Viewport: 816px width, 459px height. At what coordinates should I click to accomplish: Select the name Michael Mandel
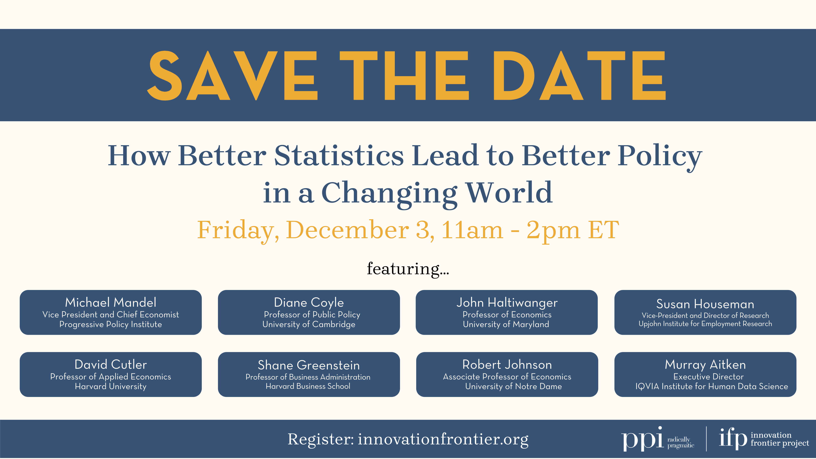tap(111, 303)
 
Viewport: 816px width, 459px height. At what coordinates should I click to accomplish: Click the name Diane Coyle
tap(309, 303)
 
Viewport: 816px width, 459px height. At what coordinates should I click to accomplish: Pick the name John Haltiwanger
tap(507, 303)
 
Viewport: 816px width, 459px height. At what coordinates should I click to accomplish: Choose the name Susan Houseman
tap(705, 304)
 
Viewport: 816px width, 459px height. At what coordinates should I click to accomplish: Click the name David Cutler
tap(111, 365)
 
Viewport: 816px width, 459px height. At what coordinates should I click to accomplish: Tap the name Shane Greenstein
tap(309, 365)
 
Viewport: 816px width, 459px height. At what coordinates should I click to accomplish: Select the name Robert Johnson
tap(507, 365)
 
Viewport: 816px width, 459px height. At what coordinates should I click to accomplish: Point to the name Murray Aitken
tap(705, 365)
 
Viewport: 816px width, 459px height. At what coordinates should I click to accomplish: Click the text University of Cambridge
tap(309, 324)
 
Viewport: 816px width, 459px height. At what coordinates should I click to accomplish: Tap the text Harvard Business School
tap(308, 386)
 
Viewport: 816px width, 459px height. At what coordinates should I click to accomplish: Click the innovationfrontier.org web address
tap(443, 439)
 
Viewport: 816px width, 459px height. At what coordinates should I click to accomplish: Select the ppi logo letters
tap(642, 439)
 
